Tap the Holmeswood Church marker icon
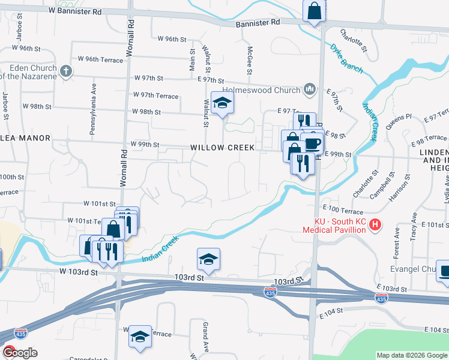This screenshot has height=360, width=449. point(310,90)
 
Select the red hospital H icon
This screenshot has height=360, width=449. point(375,226)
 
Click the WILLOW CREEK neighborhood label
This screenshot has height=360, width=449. point(223,147)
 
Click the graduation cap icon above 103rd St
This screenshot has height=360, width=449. point(208,259)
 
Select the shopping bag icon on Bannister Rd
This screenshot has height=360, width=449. point(315,11)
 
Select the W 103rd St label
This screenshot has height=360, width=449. point(78,272)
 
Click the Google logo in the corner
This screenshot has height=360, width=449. point(19,352)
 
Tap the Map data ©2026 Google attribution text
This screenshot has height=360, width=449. point(411,355)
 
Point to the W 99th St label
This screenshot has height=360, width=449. point(145,145)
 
